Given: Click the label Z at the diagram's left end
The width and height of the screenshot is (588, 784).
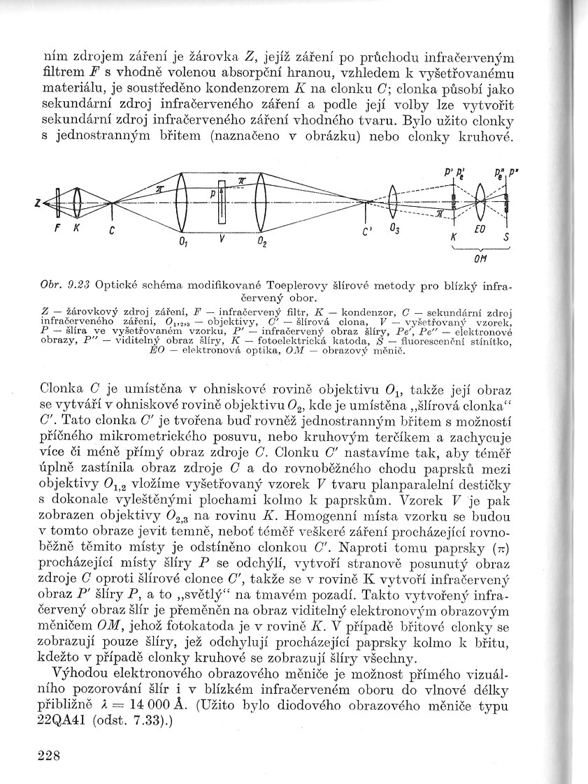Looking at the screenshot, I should [x=35, y=203].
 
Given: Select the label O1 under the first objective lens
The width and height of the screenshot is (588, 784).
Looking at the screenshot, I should [x=182, y=242].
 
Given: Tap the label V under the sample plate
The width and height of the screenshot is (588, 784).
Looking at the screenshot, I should [x=221, y=238].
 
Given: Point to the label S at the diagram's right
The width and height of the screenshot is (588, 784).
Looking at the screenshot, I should [x=506, y=237].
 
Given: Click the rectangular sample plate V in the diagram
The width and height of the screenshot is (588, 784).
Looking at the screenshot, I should [x=222, y=203].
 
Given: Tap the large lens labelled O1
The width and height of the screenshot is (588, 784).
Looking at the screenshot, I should [x=180, y=203].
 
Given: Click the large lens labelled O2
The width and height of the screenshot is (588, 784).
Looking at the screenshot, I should [x=260, y=203].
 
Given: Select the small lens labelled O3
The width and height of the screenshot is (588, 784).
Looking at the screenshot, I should [x=393, y=203].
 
